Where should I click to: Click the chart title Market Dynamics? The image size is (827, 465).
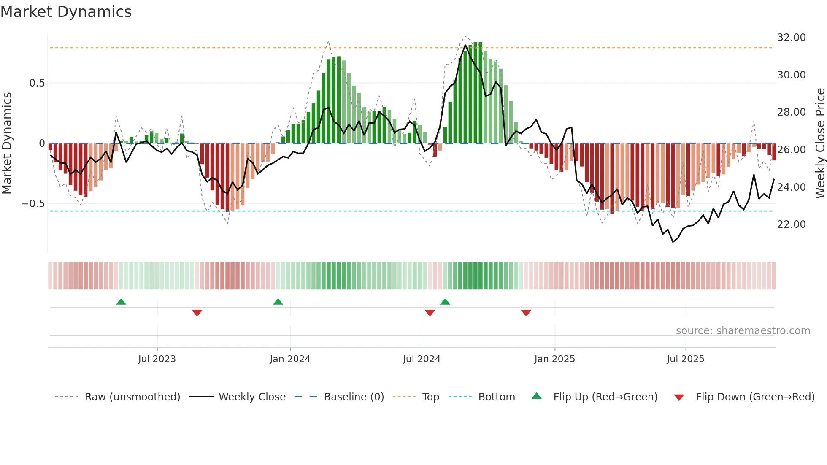66,12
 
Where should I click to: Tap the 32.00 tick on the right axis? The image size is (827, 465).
791,38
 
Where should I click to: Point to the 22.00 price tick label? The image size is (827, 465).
791,224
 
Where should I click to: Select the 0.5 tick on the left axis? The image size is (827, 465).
37,83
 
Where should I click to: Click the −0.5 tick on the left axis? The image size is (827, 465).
33,204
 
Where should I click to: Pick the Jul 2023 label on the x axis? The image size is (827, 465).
157,359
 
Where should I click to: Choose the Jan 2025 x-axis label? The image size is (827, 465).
554,359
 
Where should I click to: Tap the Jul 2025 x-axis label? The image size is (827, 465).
685,359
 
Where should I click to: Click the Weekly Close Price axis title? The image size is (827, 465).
820,143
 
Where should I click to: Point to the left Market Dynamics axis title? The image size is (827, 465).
7,143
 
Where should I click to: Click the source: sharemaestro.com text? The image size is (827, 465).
743,331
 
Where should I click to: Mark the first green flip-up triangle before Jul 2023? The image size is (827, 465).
121,302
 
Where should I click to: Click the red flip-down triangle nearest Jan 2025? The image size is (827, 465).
526,313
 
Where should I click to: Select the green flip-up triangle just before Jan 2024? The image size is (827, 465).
278,302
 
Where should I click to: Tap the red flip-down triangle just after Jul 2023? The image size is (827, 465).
197,313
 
